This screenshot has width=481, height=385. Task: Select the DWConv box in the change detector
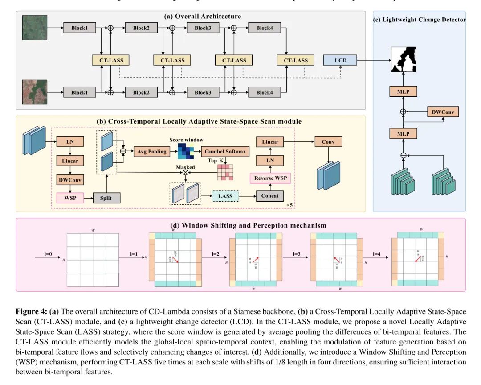pos(442,112)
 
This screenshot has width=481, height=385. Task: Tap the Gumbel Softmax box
pos(225,152)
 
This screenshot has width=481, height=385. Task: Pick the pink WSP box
pos(70,198)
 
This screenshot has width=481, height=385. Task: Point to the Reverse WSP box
pos(270,178)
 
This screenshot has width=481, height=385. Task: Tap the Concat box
pos(270,196)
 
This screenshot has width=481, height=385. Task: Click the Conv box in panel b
pos(329,142)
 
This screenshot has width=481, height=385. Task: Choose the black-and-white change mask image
pos(403,60)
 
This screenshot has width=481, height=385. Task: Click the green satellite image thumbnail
pos(34,28)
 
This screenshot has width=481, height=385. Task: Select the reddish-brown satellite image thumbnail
pos(34,92)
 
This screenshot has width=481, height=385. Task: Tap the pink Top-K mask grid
pos(225,172)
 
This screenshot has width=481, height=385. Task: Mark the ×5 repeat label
pos(289,205)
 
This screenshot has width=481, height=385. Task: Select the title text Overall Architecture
pos(203,17)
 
